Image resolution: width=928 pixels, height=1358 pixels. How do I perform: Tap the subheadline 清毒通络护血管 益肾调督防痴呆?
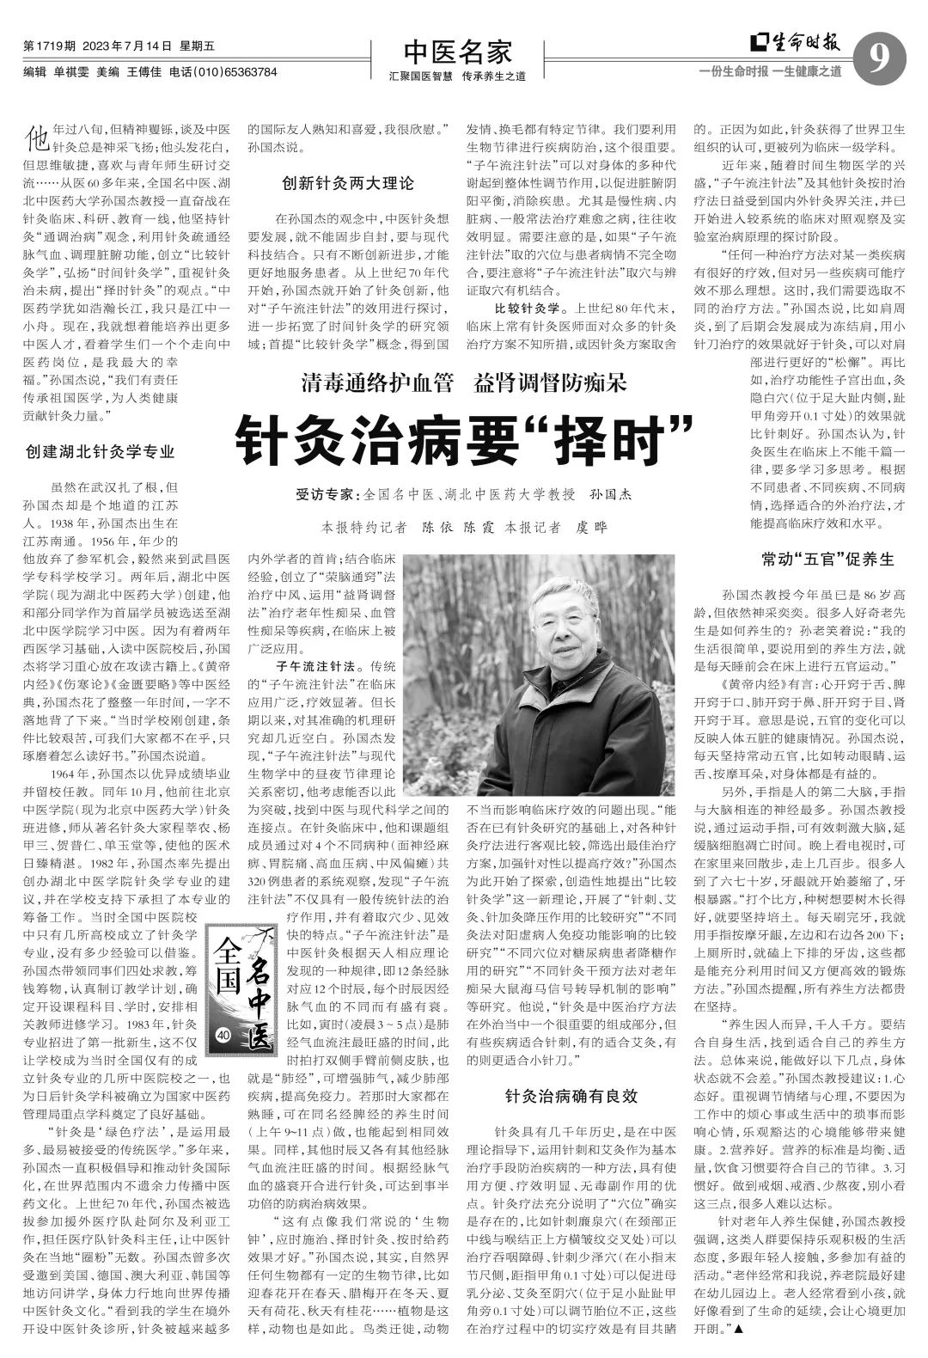point(463,382)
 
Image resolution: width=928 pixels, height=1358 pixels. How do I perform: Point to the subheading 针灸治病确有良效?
point(571,1096)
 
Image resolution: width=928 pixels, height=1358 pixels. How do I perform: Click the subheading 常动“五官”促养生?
point(815,560)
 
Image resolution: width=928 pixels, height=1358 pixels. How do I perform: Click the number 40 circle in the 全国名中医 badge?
point(225,1034)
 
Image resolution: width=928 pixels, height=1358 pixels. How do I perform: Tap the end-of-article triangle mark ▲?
point(738,1330)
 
